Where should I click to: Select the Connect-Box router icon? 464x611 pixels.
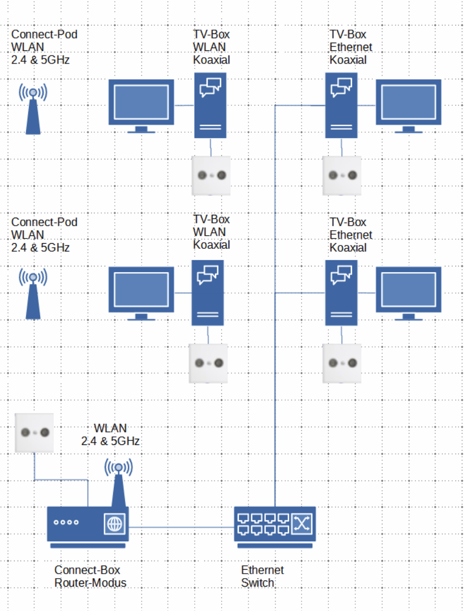pyautogui.click(x=88, y=526)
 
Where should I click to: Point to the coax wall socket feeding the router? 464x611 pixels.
pyautogui.click(x=34, y=432)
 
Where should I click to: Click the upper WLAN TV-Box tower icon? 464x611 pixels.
pyautogui.click(x=210, y=105)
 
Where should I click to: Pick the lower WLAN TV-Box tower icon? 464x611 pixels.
pyautogui.click(x=208, y=292)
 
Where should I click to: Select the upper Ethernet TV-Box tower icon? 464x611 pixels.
pyautogui.click(x=341, y=105)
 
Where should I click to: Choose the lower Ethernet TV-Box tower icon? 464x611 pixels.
pyautogui.click(x=341, y=292)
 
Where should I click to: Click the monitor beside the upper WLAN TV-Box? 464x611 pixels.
pyautogui.click(x=141, y=105)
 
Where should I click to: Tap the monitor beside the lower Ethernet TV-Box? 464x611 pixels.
pyautogui.click(x=409, y=292)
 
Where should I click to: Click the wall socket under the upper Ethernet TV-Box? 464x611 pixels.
pyautogui.click(x=341, y=175)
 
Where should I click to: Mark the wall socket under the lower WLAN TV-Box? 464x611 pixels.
pyautogui.click(x=208, y=363)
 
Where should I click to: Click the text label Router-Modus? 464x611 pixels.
pyautogui.click(x=90, y=583)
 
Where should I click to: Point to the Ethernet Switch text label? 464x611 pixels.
pyautogui.click(x=263, y=576)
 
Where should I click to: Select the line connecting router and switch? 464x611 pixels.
pyautogui.click(x=181, y=528)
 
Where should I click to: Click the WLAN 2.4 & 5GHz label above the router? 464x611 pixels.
pyautogui.click(x=110, y=434)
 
